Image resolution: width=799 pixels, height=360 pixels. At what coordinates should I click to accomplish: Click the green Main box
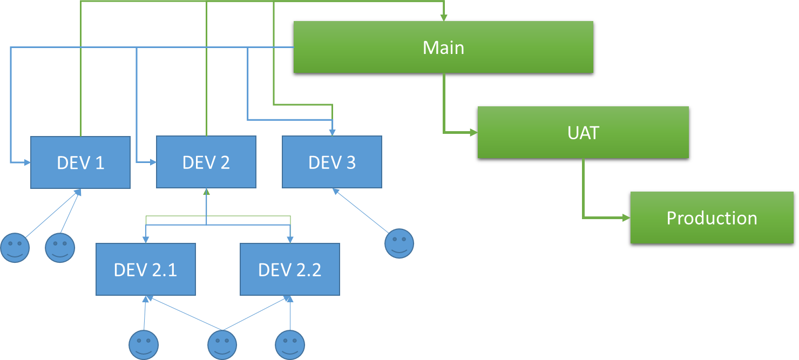pos(443,47)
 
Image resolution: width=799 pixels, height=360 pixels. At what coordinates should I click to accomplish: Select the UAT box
pos(583,132)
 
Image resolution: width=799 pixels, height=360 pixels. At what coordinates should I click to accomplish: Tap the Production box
pos(712,218)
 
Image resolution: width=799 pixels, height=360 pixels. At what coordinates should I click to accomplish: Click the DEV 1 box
pos(80,162)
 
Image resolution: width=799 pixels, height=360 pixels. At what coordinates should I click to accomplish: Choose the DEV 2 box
pos(206,162)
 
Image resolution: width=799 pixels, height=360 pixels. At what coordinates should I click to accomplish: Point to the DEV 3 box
pos(332,162)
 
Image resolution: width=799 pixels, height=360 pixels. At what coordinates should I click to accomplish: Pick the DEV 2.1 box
pos(146,269)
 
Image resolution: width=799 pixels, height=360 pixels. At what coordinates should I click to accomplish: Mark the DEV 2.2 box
pos(290,269)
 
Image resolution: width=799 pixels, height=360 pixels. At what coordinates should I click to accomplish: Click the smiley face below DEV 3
pos(399,243)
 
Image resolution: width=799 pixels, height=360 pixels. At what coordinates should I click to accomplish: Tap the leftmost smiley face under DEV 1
pos(15,248)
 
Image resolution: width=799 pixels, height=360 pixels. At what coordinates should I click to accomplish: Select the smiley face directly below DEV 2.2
pos(290,345)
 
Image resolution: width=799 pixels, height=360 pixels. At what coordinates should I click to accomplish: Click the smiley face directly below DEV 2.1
pos(144,345)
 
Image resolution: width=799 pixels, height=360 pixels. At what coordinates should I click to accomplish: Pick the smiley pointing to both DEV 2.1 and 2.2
pos(222,345)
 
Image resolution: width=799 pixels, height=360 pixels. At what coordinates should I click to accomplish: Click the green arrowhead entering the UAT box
pos(474,132)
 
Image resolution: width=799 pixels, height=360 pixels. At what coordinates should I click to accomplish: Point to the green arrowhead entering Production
pos(627,218)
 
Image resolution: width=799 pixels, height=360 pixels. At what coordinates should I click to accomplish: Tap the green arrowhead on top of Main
pos(444,18)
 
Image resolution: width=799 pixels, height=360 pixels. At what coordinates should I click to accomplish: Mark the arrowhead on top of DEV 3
pos(332,132)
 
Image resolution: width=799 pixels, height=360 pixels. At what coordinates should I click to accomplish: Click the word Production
pos(712,218)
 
